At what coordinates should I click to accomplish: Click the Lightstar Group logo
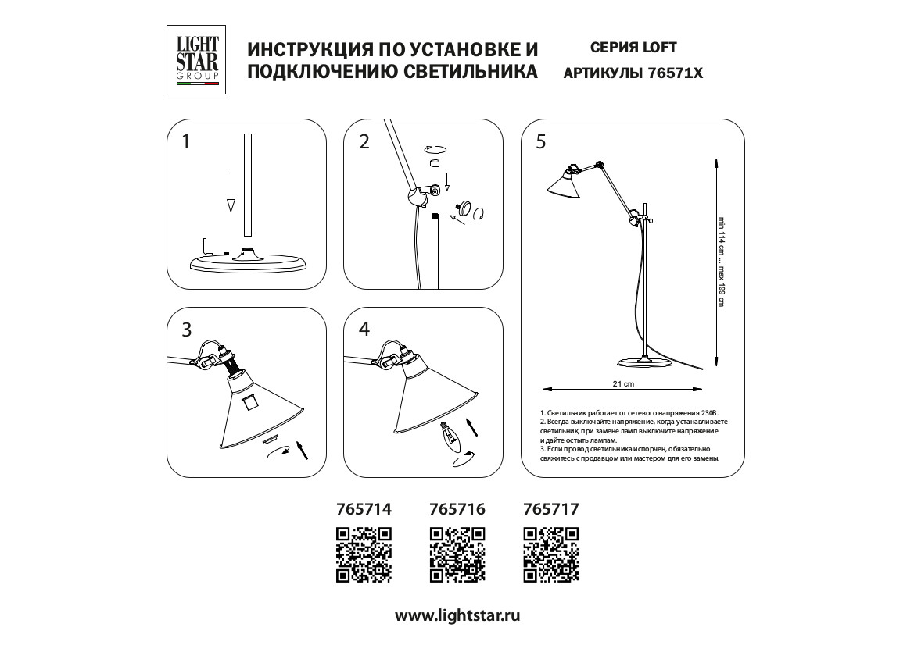[197, 60]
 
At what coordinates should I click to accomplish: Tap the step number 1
[186, 142]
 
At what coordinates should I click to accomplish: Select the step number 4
[364, 330]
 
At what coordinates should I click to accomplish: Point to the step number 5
[541, 142]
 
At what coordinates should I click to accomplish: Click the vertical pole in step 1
[248, 185]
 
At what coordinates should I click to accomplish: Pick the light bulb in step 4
[450, 435]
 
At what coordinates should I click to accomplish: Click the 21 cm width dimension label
[623, 385]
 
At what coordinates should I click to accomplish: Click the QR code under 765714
[363, 554]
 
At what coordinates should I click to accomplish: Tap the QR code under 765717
[550, 554]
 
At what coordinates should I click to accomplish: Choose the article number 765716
[457, 509]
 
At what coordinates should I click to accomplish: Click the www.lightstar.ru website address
[457, 615]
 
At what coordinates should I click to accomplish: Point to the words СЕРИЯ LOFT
[633, 48]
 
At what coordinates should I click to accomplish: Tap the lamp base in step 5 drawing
[644, 362]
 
